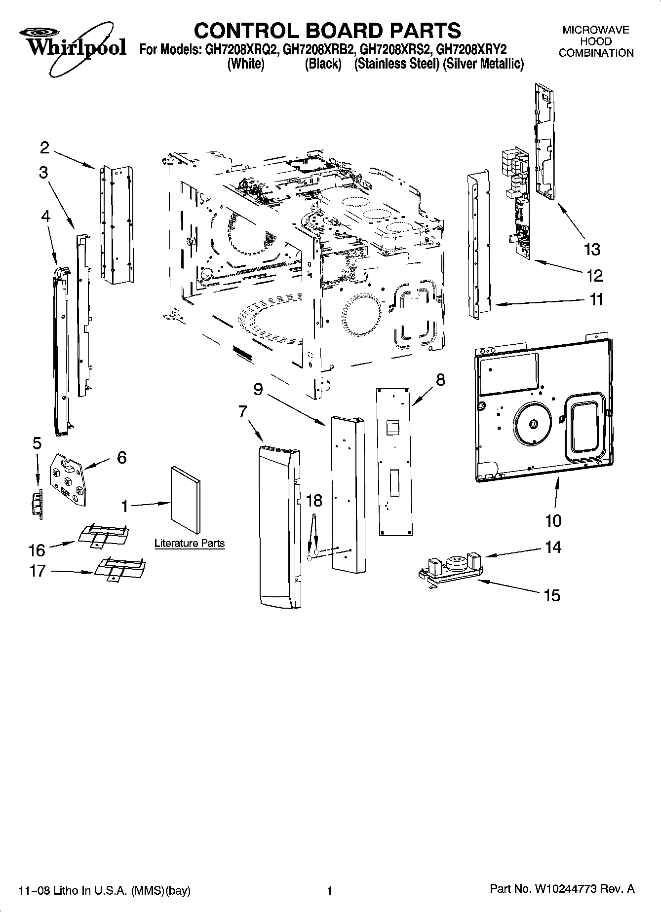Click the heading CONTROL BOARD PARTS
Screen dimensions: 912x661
coord(327,31)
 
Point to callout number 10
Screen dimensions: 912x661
coord(553,520)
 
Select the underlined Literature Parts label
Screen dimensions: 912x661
coord(190,544)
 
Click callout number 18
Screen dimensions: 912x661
coord(314,501)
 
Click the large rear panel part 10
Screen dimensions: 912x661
coord(543,409)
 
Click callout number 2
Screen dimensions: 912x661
coord(44,147)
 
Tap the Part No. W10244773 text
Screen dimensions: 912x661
coord(562,889)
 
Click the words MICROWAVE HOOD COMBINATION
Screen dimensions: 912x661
coord(596,41)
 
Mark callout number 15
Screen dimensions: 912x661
coord(552,595)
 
